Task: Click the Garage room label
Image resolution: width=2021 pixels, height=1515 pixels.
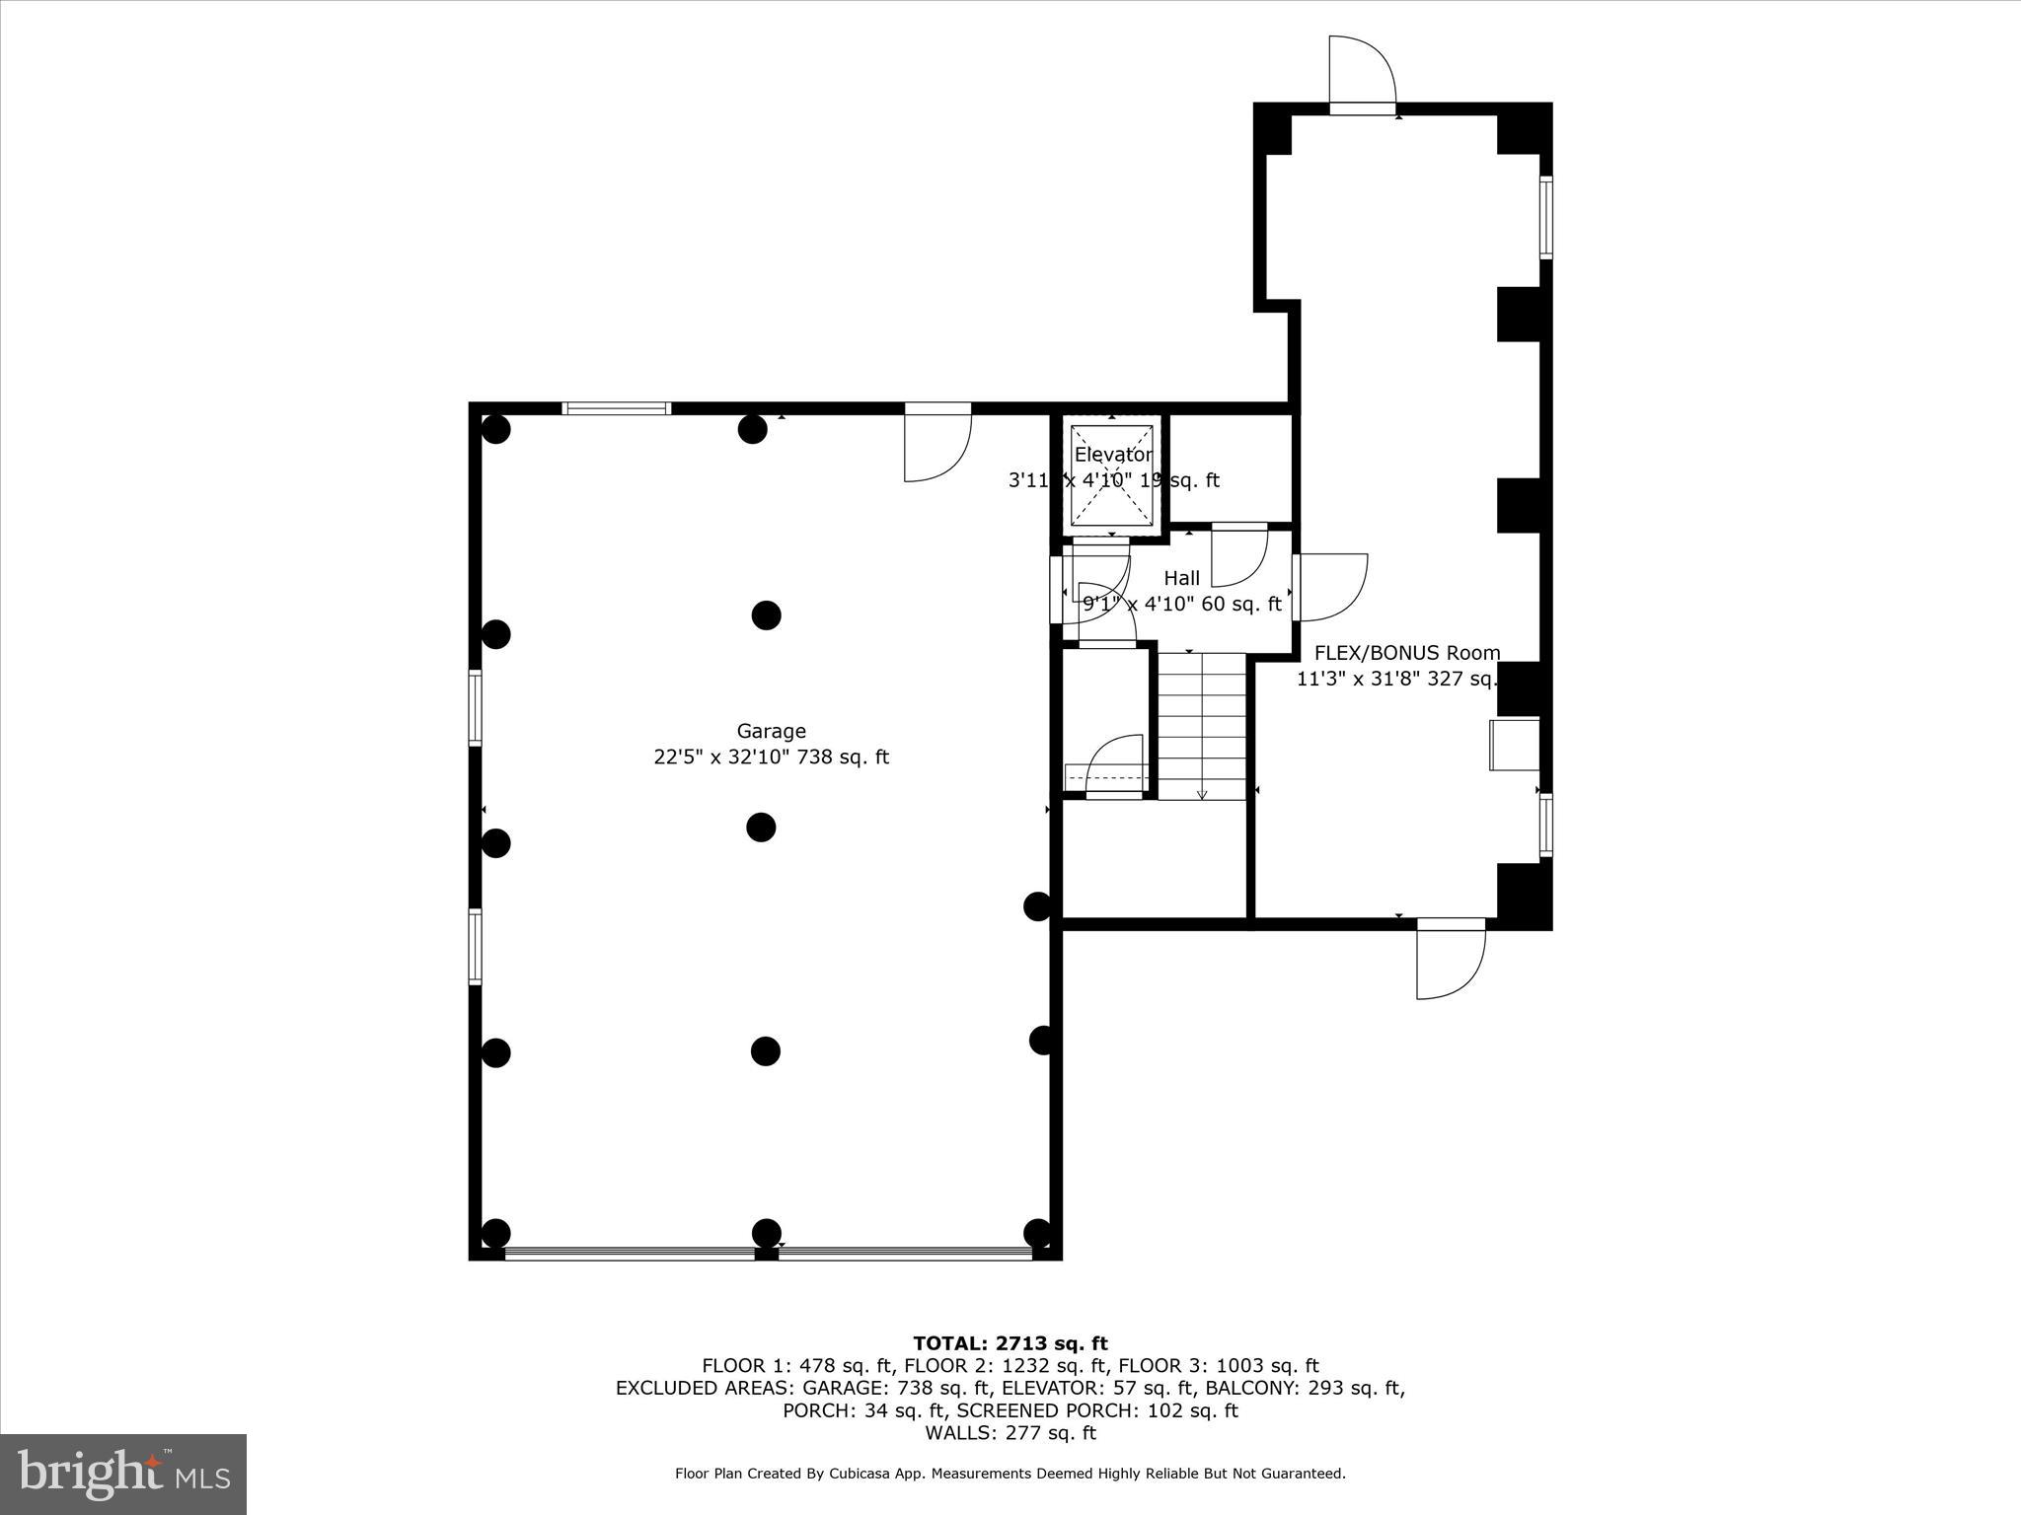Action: pos(771,731)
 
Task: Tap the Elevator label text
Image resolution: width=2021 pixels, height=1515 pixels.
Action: pos(1113,455)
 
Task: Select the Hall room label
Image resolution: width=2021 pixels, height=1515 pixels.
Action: pos(1181,578)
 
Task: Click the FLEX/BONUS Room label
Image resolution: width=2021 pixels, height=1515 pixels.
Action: pos(1406,653)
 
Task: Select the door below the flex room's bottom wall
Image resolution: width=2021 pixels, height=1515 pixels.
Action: pos(1450,961)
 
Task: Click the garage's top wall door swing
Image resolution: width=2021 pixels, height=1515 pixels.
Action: pos(937,444)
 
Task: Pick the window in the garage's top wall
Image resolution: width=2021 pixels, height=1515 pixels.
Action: pos(617,408)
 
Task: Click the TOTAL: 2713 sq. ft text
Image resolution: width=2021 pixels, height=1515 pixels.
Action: pos(1010,1343)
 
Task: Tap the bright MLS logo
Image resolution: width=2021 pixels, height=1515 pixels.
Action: pos(123,1474)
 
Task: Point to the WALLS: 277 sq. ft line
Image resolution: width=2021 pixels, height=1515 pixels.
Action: pos(1010,1433)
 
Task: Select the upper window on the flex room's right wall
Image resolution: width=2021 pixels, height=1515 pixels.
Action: pos(1545,217)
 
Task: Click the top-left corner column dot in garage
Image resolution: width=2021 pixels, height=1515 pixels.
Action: pos(495,429)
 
